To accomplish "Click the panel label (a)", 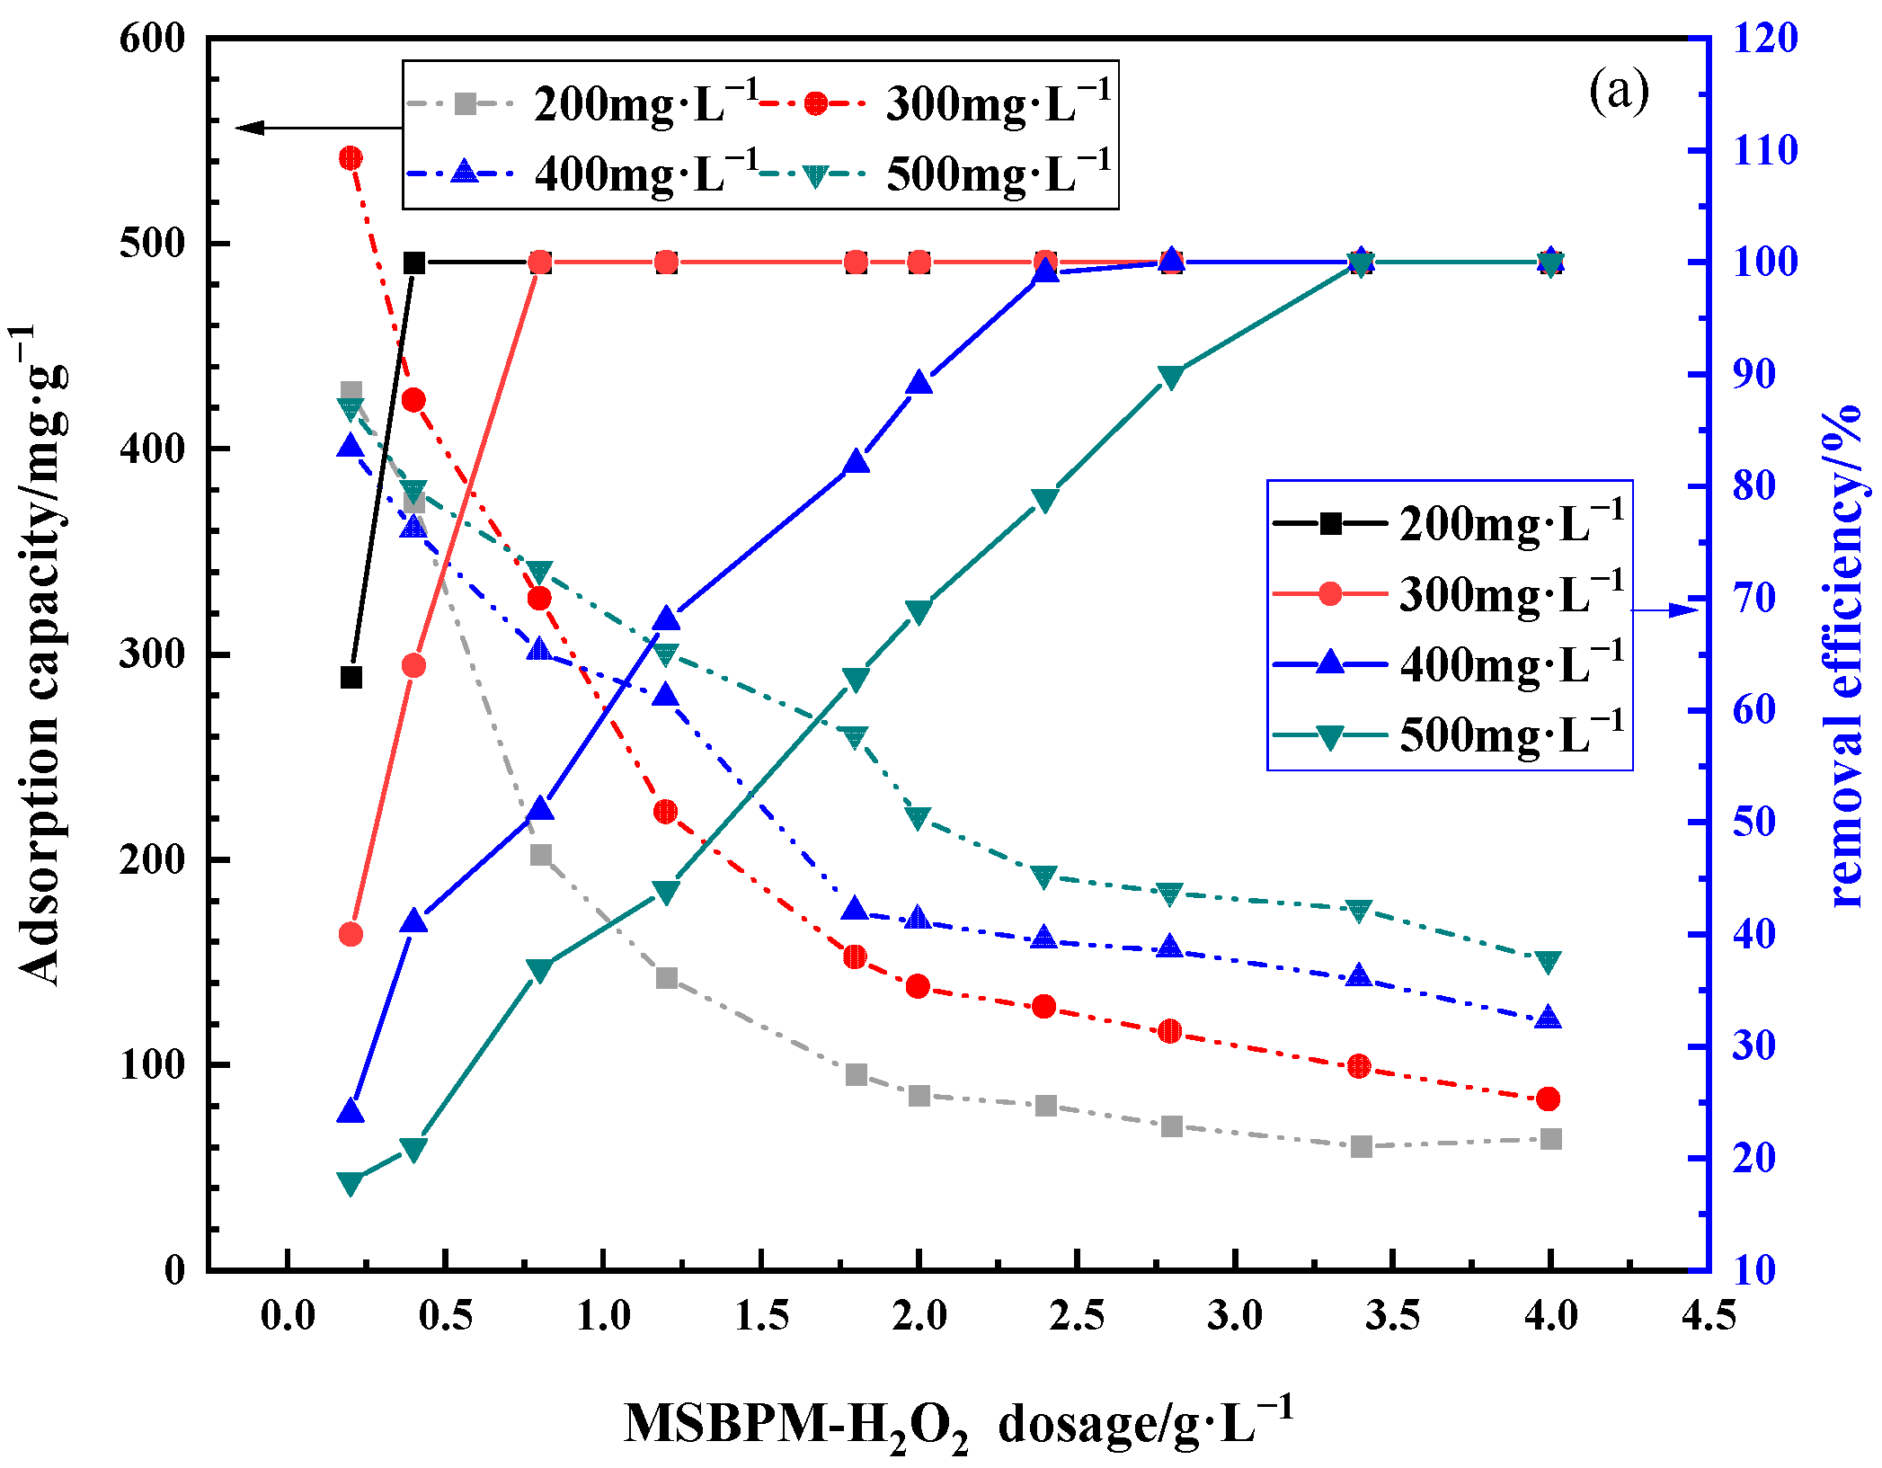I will tap(1619, 91).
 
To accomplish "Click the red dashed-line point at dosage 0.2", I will tap(351, 158).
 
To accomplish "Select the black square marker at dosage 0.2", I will tap(351, 677).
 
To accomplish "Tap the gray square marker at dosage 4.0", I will tap(1550, 1139).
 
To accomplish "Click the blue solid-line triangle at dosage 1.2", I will tap(666, 618).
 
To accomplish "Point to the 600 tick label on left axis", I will tap(152, 39).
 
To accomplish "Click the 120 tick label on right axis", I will tap(1765, 39).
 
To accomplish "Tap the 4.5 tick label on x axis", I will tap(1708, 1316).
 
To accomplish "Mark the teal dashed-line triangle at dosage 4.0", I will tap(1548, 961).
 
